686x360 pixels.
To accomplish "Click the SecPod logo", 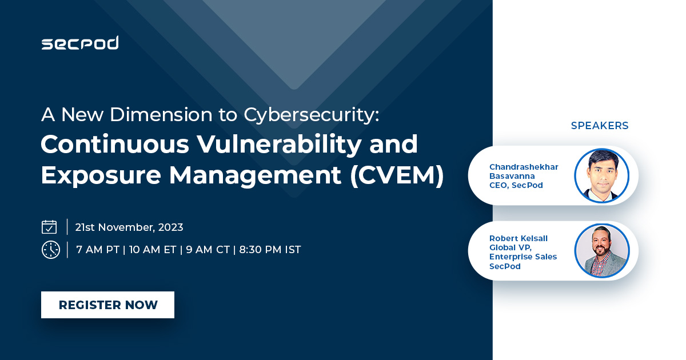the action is pyautogui.click(x=80, y=42).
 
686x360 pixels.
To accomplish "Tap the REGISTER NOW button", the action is pyautogui.click(x=108, y=305).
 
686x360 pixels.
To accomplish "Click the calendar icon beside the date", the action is pyautogui.click(x=49, y=227).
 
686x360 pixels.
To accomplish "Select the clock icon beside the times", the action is pyautogui.click(x=50, y=250).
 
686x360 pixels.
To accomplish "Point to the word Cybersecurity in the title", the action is pyautogui.click(x=312, y=115).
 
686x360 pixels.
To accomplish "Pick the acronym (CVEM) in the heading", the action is pyautogui.click(x=397, y=175).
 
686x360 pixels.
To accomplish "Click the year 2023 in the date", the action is pyautogui.click(x=170, y=227).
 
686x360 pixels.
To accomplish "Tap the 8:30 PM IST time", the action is pyautogui.click(x=270, y=250).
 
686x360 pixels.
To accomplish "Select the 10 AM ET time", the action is pyautogui.click(x=153, y=250).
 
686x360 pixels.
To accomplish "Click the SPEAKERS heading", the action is pyautogui.click(x=600, y=126).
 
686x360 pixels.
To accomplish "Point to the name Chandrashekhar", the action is pyautogui.click(x=524, y=167).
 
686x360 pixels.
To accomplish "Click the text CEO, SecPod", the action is pyautogui.click(x=516, y=185).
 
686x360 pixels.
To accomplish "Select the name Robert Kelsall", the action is pyautogui.click(x=519, y=238).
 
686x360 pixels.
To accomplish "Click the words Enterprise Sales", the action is pyautogui.click(x=523, y=257).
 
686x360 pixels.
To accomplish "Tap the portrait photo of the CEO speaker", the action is pyautogui.click(x=602, y=175).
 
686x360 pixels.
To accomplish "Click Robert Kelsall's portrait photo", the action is pyautogui.click(x=602, y=251).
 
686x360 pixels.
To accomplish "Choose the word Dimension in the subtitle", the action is pyautogui.click(x=161, y=114).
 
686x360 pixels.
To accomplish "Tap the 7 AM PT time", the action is pyautogui.click(x=98, y=250).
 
